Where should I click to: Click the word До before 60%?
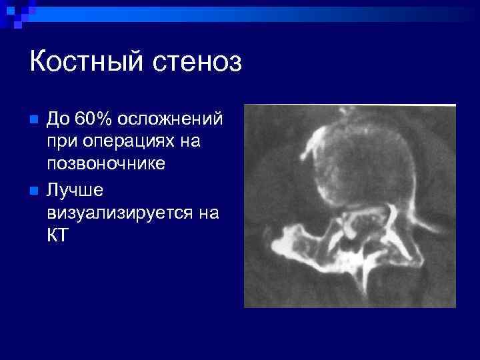pos(59,120)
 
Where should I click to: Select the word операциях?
pos(130,142)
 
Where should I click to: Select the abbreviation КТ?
pos(57,236)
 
